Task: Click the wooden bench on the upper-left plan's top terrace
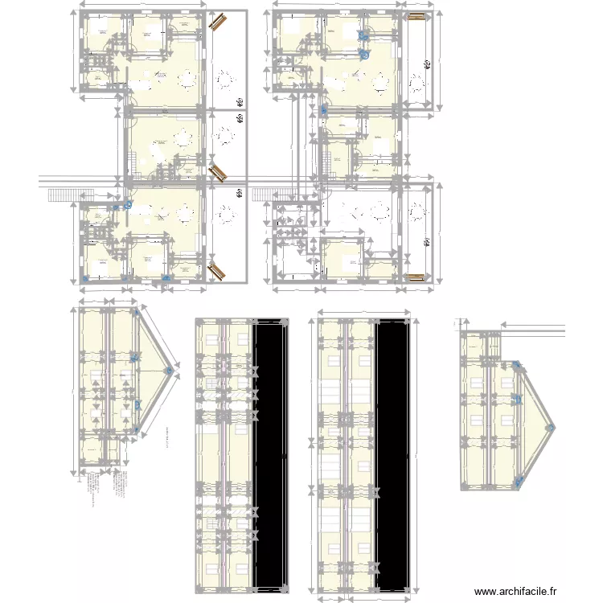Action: pyautogui.click(x=216, y=23)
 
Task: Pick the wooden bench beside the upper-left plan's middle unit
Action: pyautogui.click(x=216, y=172)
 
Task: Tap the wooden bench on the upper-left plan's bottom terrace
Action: pyautogui.click(x=216, y=271)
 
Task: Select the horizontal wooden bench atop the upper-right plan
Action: pyautogui.click(x=416, y=16)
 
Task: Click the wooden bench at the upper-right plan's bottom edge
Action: pyautogui.click(x=416, y=277)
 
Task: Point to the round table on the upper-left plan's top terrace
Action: pyautogui.click(x=225, y=80)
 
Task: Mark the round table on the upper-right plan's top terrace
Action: pyautogui.click(x=416, y=80)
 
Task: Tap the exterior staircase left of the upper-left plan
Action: pyautogui.click(x=61, y=195)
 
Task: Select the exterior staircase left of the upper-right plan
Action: pyautogui.click(x=264, y=195)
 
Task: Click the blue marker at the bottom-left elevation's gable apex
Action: pyautogui.click(x=169, y=371)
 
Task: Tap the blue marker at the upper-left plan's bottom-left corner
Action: pyautogui.click(x=87, y=279)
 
